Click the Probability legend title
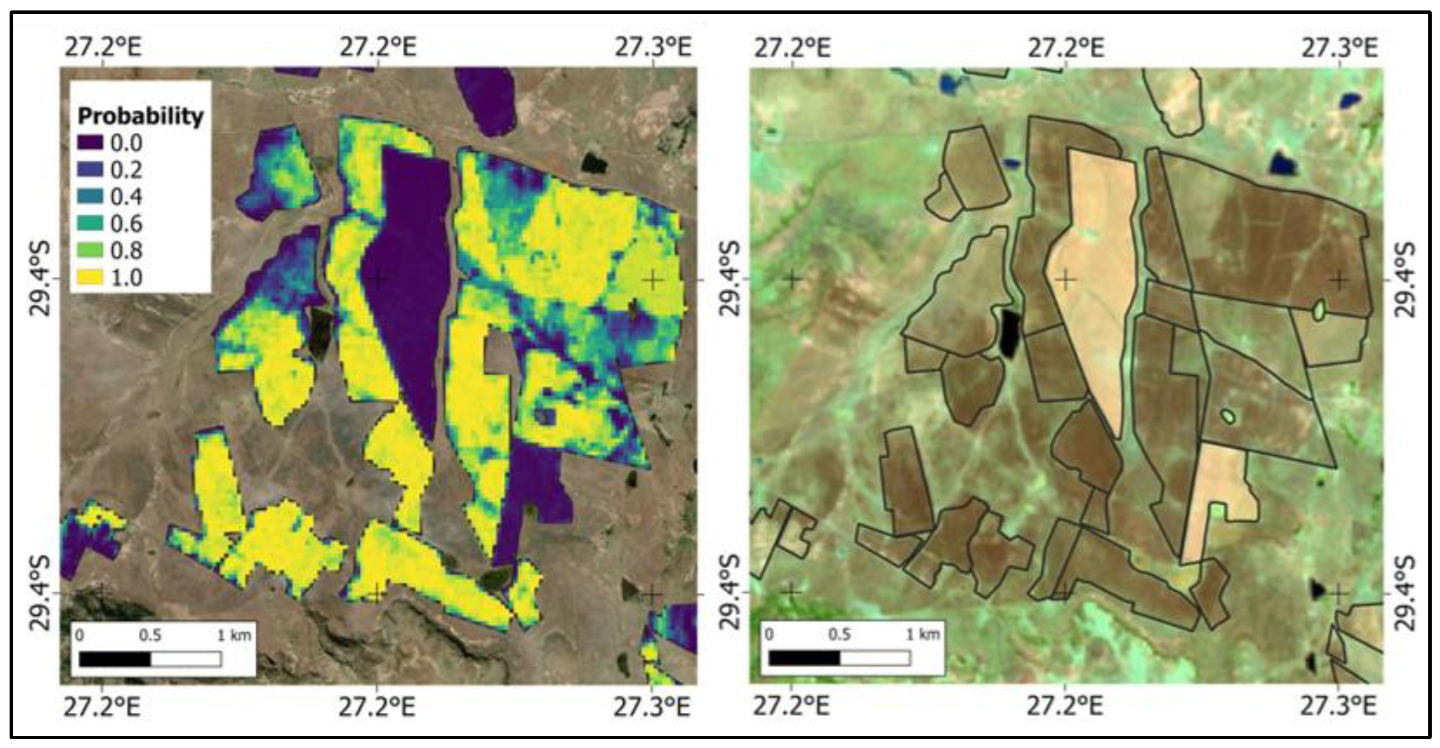click(x=141, y=116)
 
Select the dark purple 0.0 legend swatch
click(x=89, y=143)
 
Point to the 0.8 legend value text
click(x=126, y=251)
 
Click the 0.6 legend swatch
click(x=89, y=224)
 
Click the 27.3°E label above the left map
click(x=653, y=47)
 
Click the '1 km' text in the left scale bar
click(x=234, y=636)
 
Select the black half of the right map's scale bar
click(x=804, y=658)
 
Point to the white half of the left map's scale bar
click(x=186, y=659)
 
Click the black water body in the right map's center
click(x=1010, y=333)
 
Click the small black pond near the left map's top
click(x=594, y=162)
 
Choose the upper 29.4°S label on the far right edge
click(x=1406, y=279)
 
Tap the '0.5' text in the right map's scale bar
click(x=840, y=635)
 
